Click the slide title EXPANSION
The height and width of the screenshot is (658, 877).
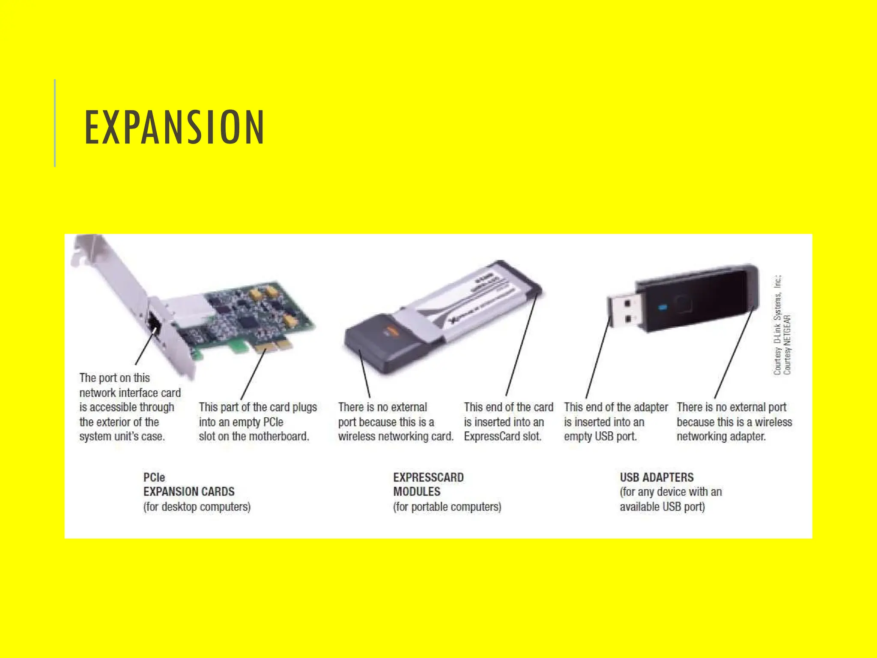pos(174,127)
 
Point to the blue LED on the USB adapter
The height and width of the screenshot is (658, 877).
pos(662,308)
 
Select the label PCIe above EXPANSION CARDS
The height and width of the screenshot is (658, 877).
pos(154,477)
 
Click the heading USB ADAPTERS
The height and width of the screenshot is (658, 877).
pos(656,477)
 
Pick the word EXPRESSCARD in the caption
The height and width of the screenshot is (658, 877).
pos(428,477)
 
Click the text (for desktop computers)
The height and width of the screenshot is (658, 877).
pos(197,507)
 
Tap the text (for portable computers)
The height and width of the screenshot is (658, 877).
pos(447,507)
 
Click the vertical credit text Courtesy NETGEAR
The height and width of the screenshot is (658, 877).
pos(787,344)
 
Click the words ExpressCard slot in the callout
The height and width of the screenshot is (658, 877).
pos(502,437)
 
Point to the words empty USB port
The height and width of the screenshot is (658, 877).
pos(600,437)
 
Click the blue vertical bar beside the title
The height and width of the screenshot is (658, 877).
pos(55,123)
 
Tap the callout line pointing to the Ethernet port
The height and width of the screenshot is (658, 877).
pos(144,349)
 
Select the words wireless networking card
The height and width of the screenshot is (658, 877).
pos(395,437)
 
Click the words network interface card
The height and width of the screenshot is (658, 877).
pos(130,393)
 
